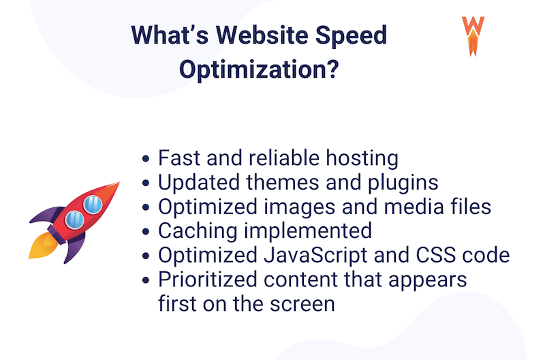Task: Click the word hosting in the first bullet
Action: tap(360, 157)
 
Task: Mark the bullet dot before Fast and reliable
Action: tap(147, 159)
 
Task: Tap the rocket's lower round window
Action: tap(74, 219)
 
